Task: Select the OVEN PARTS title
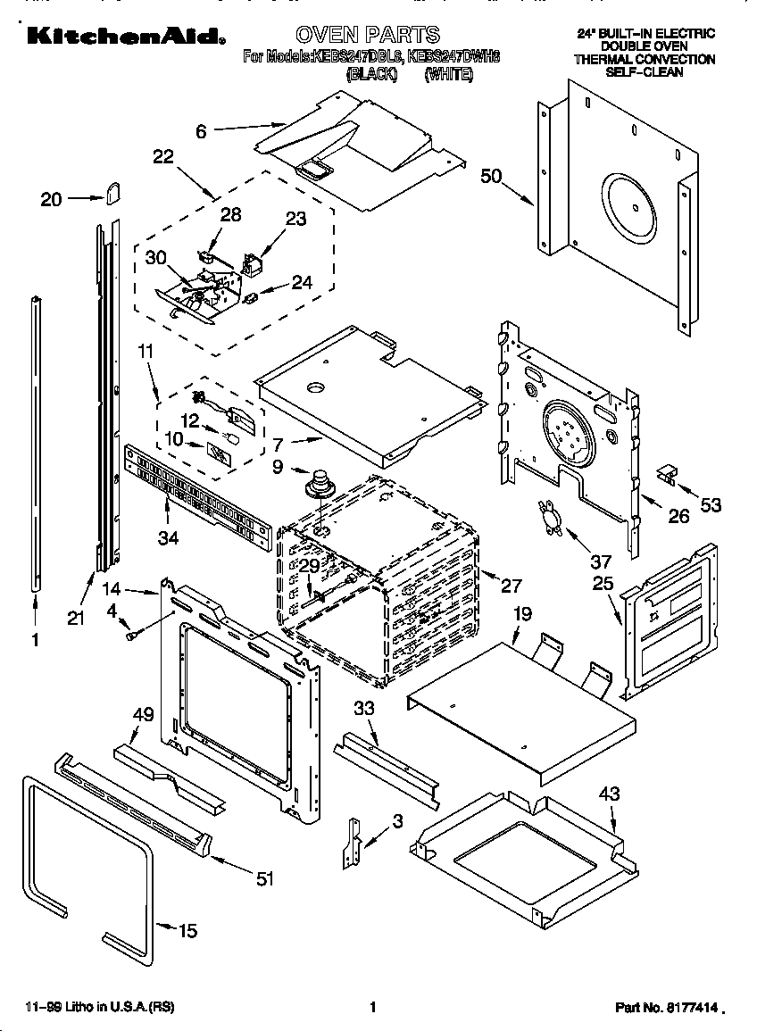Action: [x=367, y=34]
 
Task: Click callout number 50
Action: [x=492, y=176]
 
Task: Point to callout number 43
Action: [x=609, y=794]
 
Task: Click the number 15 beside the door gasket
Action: [x=187, y=931]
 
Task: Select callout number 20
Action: [x=52, y=199]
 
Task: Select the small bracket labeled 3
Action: [x=352, y=843]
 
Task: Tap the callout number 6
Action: [x=201, y=131]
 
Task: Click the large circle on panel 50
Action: [x=634, y=208]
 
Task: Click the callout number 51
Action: [x=264, y=879]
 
